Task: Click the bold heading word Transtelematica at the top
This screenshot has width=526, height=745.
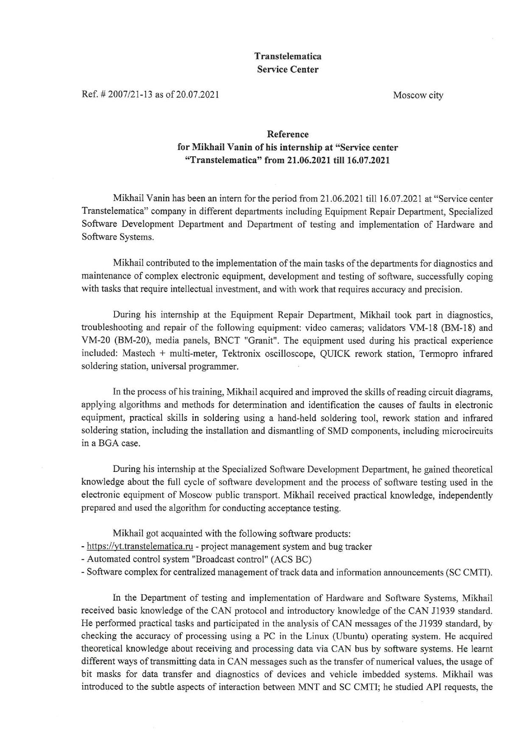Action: point(288,56)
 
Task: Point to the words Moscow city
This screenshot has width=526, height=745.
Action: point(418,95)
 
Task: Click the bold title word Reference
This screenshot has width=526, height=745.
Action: point(288,134)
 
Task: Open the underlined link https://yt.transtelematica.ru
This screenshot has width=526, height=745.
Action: point(140,547)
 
